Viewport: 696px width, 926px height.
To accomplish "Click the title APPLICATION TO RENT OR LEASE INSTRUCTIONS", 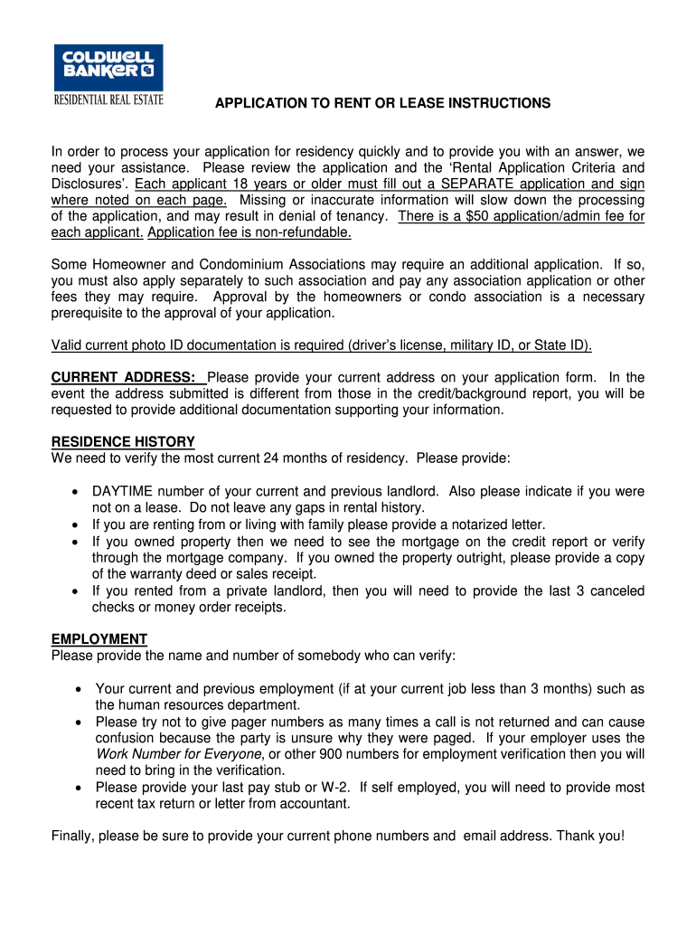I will point(382,104).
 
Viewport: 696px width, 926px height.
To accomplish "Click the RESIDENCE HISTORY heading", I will point(123,442).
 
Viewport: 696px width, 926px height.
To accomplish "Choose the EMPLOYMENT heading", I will point(99,639).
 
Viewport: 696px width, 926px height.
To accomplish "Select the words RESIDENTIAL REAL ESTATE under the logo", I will point(108,99).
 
